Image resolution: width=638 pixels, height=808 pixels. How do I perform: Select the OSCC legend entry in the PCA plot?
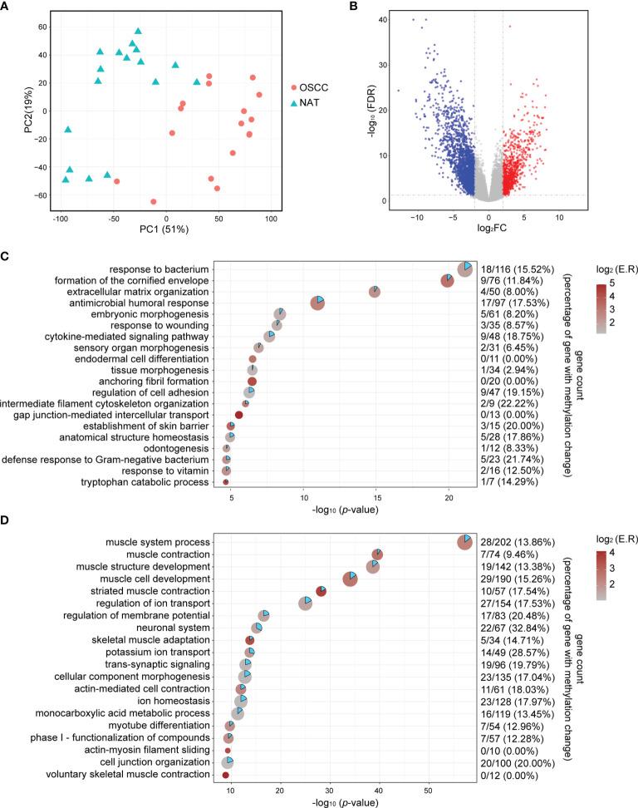[x=319, y=86]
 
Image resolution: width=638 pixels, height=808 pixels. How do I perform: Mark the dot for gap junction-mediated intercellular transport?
[x=239, y=414]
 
